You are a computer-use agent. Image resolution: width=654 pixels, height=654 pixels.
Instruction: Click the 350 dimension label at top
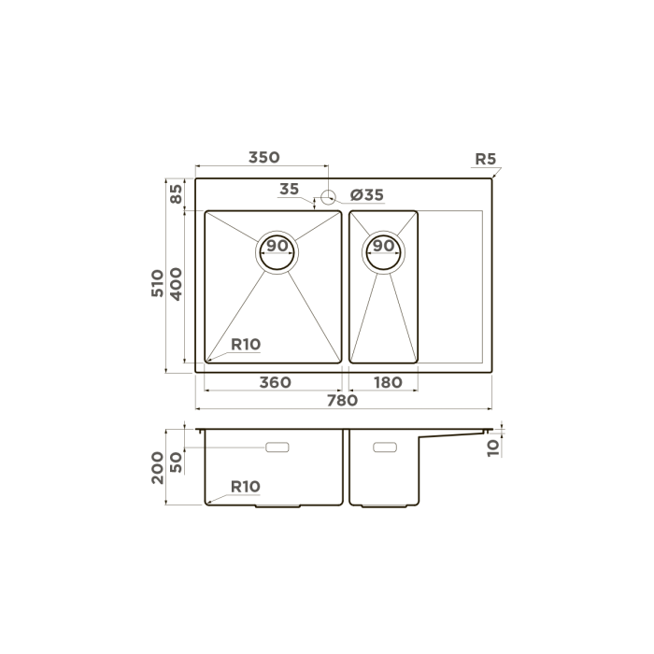tap(263, 158)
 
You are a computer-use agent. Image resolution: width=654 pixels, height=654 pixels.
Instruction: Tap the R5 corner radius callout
tap(485, 159)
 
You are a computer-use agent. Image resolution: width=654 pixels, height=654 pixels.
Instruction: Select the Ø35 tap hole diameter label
tap(366, 195)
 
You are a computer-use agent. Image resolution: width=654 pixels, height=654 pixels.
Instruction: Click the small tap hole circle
tap(328, 197)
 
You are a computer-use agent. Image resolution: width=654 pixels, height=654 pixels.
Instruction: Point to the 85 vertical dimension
tap(175, 194)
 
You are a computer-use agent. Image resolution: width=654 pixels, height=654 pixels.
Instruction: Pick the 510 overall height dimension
tap(158, 282)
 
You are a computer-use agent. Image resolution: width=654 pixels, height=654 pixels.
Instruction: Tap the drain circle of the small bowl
tap(383, 249)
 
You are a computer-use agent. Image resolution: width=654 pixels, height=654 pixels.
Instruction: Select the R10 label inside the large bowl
tap(245, 344)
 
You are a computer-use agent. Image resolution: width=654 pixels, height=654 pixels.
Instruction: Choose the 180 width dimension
tap(386, 382)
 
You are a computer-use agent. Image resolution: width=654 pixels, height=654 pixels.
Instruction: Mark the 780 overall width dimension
tap(342, 400)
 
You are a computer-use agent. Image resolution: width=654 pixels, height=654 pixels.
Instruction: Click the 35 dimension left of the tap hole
tap(289, 190)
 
